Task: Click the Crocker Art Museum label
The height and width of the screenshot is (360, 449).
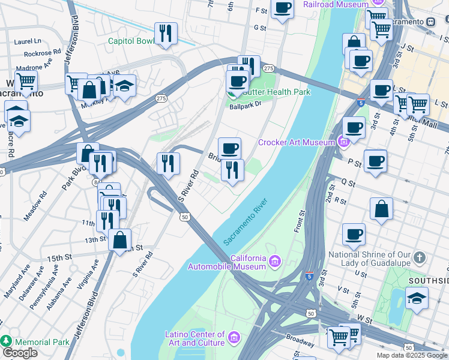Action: click(297, 142)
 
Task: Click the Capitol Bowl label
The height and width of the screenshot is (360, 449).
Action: click(131, 41)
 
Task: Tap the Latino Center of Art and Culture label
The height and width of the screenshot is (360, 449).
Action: click(195, 338)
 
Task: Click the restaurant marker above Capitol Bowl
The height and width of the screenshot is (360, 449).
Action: click(165, 33)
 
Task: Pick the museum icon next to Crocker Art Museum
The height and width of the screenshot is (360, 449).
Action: click(343, 142)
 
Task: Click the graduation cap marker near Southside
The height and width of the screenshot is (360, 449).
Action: click(416, 297)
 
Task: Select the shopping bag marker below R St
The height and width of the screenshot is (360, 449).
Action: click(381, 209)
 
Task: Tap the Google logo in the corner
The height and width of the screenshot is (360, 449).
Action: click(20, 353)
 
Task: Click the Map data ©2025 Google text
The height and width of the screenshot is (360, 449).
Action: click(412, 355)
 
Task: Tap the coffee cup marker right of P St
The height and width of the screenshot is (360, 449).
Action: click(375, 161)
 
